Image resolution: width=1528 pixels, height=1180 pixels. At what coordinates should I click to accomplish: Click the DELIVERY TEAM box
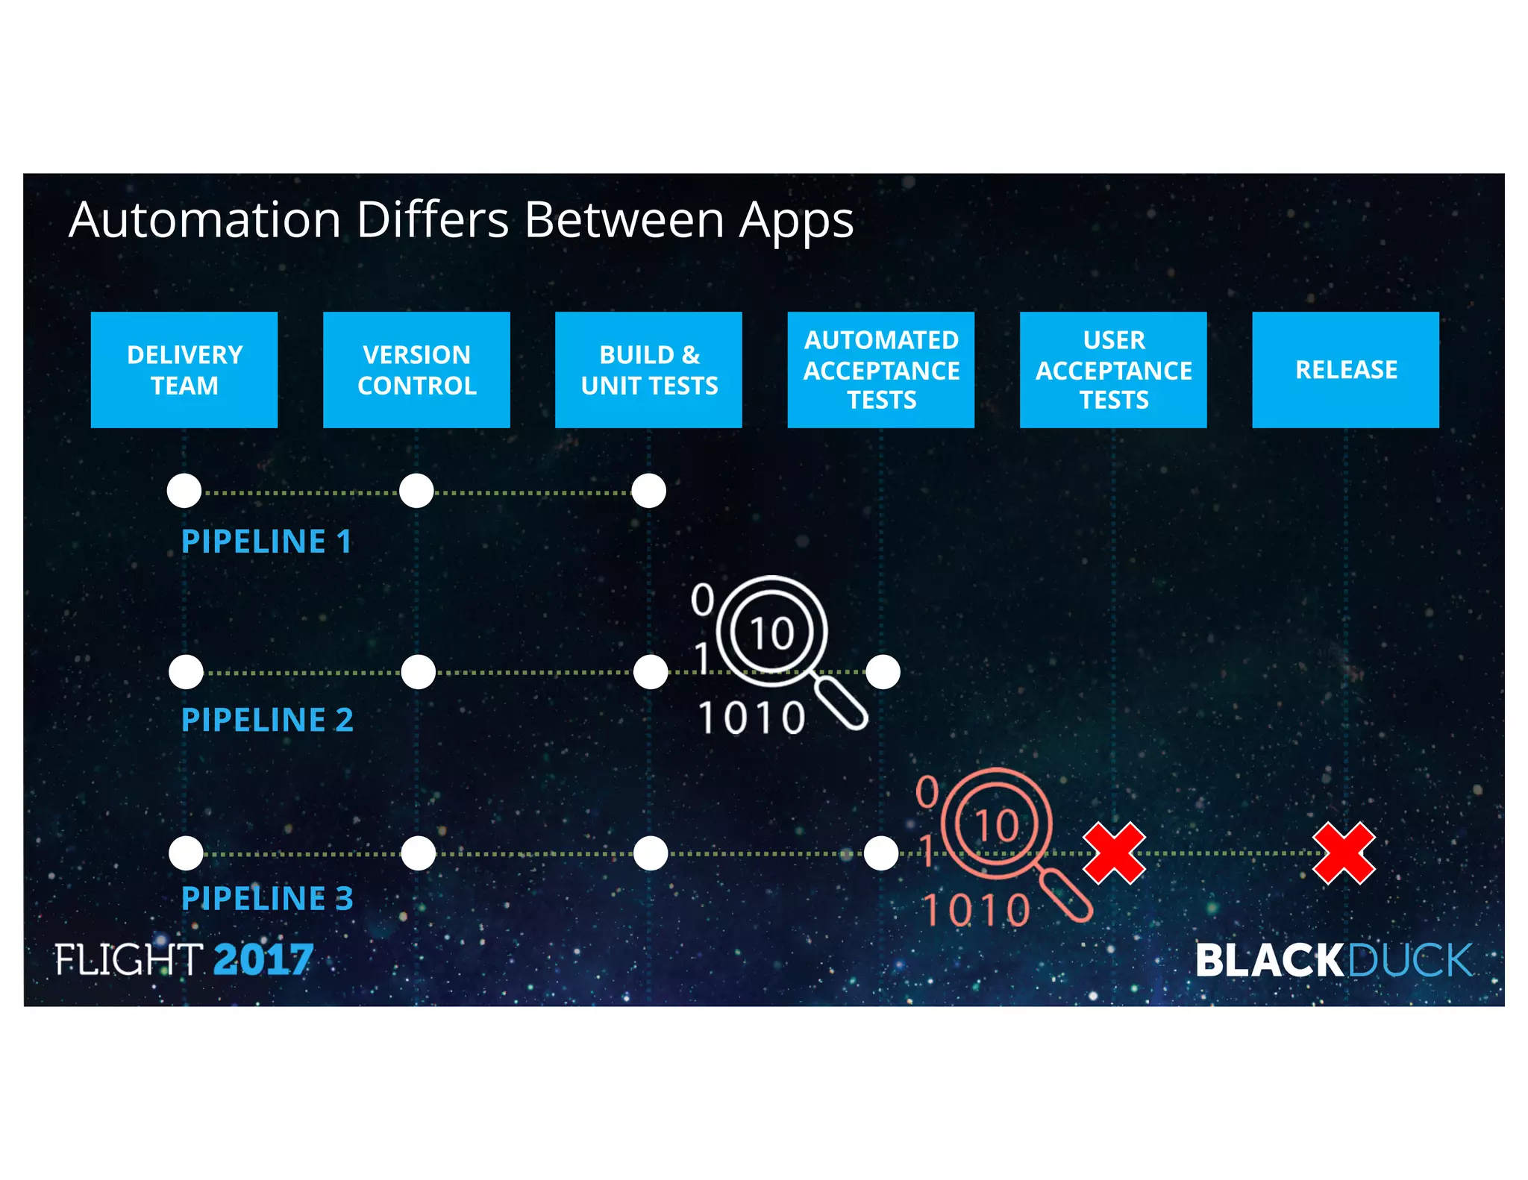coord(184,370)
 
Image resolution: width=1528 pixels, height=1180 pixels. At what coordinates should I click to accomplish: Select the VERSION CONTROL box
coord(416,370)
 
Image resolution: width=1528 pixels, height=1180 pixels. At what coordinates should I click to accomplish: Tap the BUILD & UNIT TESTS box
coord(648,370)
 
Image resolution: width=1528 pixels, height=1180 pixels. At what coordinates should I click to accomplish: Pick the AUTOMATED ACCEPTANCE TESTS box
coord(881,370)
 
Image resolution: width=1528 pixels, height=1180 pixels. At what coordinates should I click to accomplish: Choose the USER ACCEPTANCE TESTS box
coord(1113,370)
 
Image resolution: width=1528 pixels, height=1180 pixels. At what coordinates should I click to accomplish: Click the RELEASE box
coord(1345,370)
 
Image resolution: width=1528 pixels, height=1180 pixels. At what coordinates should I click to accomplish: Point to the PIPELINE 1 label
coord(266,542)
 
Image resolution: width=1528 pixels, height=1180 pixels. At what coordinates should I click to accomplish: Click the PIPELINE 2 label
coord(267,721)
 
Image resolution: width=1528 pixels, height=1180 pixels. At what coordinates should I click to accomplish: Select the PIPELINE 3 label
coord(267,899)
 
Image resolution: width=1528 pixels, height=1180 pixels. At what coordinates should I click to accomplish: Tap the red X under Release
coord(1344,853)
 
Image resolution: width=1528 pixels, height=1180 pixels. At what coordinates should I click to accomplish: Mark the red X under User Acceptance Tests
coord(1114,853)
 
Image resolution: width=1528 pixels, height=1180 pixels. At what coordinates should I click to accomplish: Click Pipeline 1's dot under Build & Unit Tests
coord(648,491)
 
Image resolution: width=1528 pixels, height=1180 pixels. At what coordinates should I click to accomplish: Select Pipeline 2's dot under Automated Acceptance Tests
coord(883,672)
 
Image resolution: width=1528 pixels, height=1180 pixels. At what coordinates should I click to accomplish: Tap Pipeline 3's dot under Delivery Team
coord(186,853)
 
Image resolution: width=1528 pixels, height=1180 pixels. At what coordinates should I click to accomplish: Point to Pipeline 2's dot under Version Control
coord(418,672)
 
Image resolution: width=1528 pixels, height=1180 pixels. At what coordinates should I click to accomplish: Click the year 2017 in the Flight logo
coord(263,959)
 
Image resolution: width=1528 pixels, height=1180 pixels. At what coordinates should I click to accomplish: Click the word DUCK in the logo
coord(1410,961)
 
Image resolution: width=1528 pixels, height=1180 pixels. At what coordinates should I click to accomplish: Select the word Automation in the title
coord(205,220)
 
